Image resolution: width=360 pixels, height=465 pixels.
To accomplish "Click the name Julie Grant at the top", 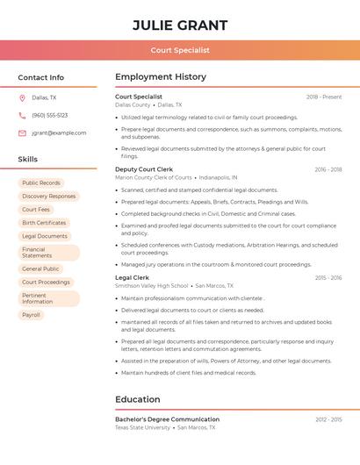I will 180,25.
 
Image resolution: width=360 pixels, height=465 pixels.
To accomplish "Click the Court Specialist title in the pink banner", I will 180,51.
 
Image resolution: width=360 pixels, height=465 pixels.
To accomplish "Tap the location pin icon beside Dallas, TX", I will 22,98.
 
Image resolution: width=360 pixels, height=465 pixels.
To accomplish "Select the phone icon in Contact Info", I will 22,115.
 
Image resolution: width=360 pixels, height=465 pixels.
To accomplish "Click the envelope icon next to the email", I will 22,133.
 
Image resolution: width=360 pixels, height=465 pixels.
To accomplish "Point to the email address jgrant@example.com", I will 59,133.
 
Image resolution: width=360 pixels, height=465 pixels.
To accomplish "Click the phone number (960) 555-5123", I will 49,115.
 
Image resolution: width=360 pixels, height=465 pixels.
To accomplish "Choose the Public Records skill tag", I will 41,183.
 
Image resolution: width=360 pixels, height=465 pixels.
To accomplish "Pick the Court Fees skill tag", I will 36,210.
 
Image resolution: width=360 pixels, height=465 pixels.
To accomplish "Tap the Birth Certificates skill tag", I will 44,223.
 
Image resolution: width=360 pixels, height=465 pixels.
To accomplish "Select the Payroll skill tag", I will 31,315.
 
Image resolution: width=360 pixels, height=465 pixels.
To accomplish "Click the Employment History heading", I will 161,77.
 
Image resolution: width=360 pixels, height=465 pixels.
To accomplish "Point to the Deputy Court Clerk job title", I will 144,169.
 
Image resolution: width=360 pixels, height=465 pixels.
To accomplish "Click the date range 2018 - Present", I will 324,97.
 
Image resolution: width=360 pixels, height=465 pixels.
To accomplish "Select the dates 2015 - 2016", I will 328,278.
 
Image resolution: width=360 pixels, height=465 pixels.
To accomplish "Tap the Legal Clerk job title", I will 133,278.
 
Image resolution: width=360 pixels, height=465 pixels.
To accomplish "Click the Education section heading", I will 137,400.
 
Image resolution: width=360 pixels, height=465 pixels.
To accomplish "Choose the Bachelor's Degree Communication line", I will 167,419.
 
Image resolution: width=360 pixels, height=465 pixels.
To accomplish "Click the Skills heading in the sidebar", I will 28,160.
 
